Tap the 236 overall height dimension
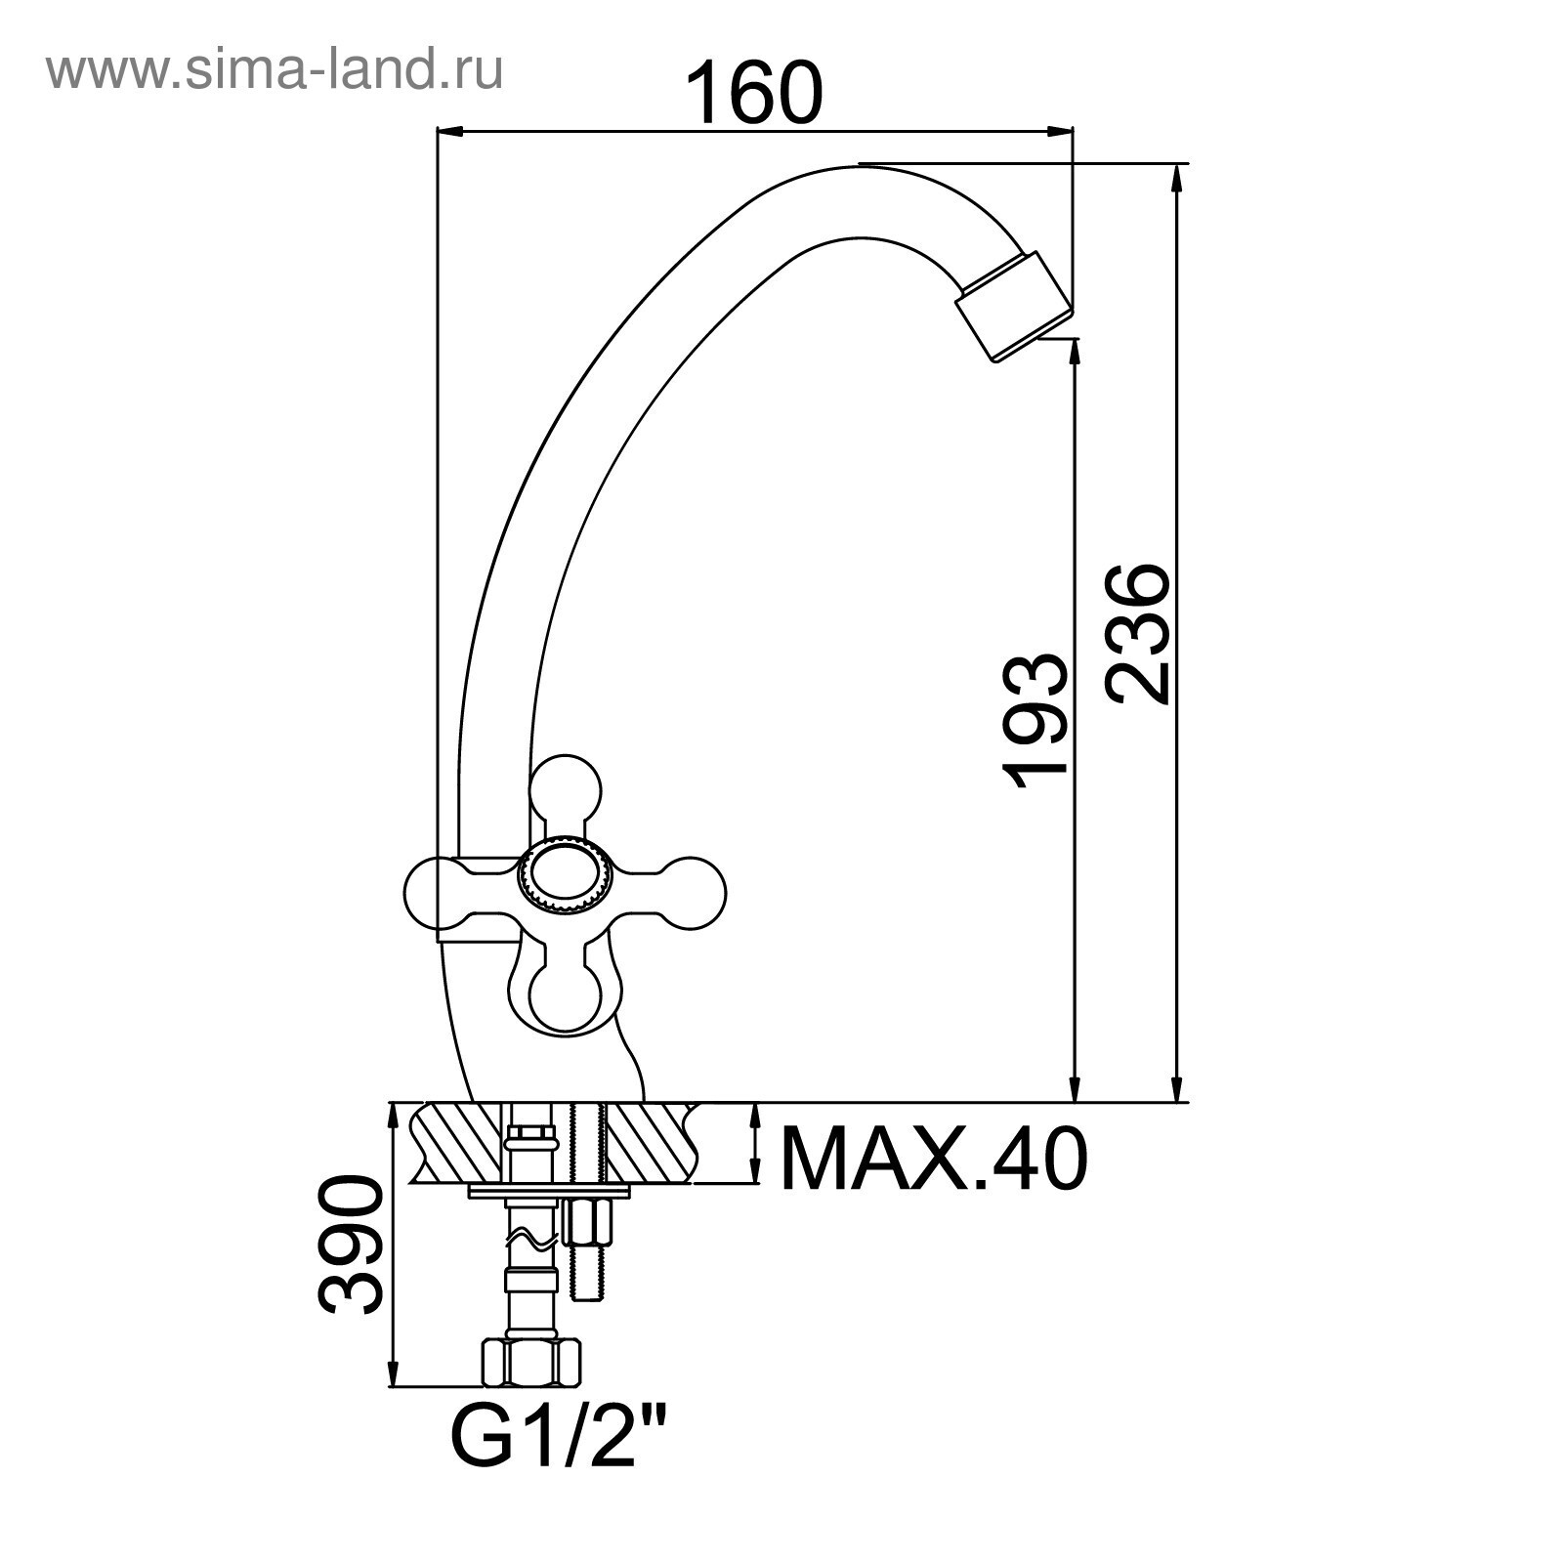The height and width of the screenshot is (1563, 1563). [x=1137, y=632]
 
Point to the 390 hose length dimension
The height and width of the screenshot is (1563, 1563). [x=349, y=1245]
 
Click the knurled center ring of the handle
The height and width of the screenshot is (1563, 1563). [x=566, y=876]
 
